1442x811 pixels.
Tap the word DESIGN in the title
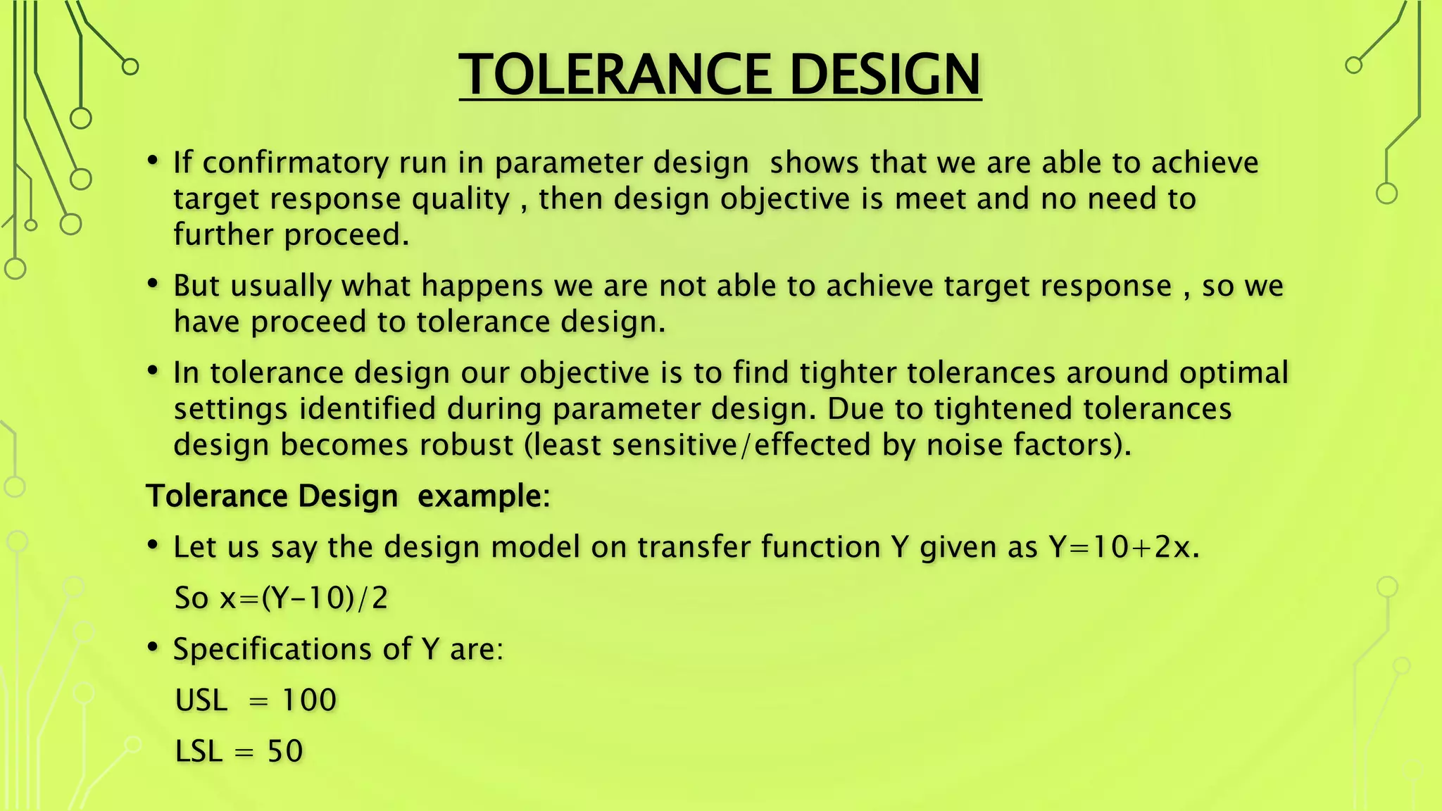tap(885, 74)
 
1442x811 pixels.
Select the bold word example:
tap(484, 496)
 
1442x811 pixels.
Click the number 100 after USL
tap(309, 700)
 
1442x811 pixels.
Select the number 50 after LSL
tap(285, 751)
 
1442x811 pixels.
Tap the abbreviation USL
tap(201, 700)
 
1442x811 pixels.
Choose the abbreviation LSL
tap(199, 751)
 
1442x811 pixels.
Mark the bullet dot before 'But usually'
tap(153, 284)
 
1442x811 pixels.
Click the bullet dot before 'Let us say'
tap(153, 545)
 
